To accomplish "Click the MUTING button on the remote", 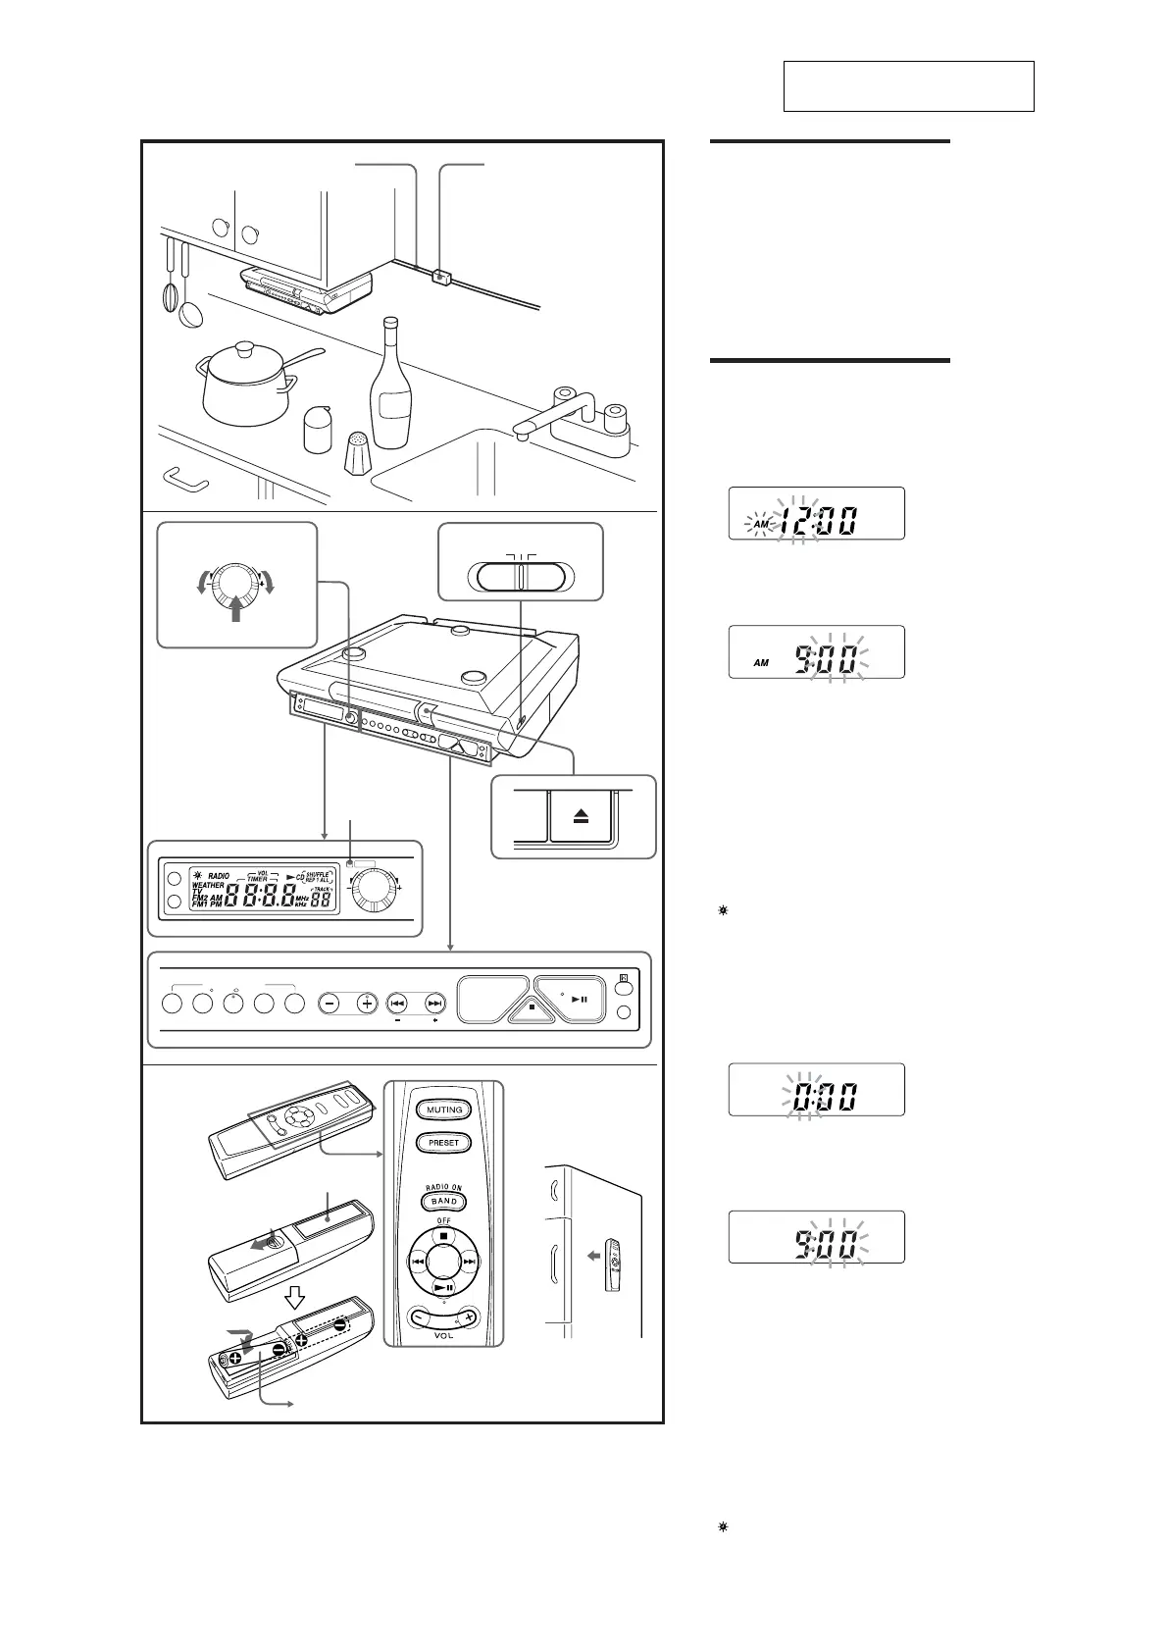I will pyautogui.click(x=444, y=1110).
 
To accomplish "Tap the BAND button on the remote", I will pyautogui.click(x=444, y=1202).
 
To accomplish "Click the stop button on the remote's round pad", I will pyautogui.click(x=444, y=1235).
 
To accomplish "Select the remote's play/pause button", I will pyautogui.click(x=444, y=1288).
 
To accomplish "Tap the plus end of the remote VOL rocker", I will pyautogui.click(x=470, y=1316).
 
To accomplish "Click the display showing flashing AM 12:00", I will pyautogui.click(x=816, y=513).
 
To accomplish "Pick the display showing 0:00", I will pyautogui.click(x=816, y=1090).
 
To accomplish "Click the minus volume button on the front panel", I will pyautogui.click(x=330, y=1004).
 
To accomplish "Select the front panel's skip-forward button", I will pyautogui.click(x=434, y=1004).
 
